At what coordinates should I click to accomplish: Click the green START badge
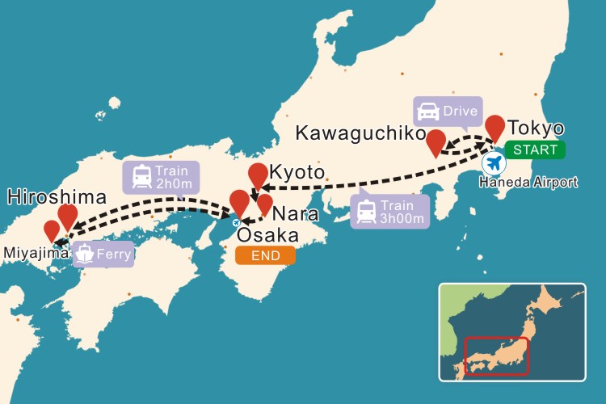click(x=535, y=149)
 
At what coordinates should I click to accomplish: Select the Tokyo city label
click(x=536, y=129)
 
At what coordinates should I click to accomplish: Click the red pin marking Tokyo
click(x=494, y=127)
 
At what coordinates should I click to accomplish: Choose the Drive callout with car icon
click(x=447, y=111)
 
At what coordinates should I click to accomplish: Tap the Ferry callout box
click(x=103, y=255)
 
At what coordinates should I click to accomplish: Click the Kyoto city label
click(x=297, y=174)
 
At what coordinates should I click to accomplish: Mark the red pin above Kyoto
click(x=258, y=175)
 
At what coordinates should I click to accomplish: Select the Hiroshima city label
click(x=57, y=197)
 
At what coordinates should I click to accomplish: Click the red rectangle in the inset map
click(x=496, y=356)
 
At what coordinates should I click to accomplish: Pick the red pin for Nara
click(x=264, y=204)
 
